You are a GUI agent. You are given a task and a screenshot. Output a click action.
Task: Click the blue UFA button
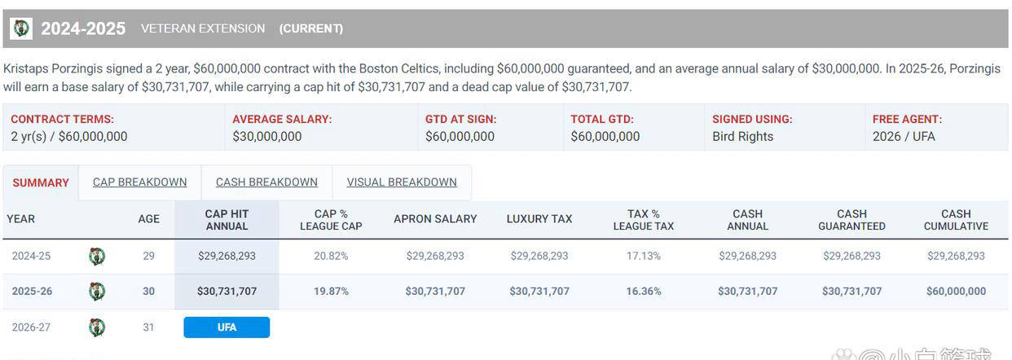pyautogui.click(x=227, y=327)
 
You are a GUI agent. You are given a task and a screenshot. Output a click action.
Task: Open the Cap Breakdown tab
pyautogui.click(x=139, y=182)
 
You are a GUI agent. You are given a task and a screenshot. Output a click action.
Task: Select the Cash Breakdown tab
pyautogui.click(x=266, y=182)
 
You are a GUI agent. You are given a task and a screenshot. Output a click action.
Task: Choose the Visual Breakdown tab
pyautogui.click(x=402, y=182)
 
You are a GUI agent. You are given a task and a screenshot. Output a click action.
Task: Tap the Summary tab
pyautogui.click(x=41, y=183)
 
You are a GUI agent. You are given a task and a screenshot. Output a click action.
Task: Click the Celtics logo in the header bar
pyautogui.click(x=21, y=29)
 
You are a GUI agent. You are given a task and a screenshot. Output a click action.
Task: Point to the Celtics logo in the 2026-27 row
pyautogui.click(x=97, y=327)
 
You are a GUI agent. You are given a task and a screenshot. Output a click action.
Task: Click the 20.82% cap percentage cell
pyautogui.click(x=331, y=256)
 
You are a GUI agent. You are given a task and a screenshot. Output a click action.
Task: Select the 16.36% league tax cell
pyautogui.click(x=644, y=291)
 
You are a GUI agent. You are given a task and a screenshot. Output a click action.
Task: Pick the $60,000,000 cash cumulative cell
pyautogui.click(x=956, y=291)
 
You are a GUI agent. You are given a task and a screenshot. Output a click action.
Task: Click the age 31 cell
pyautogui.click(x=148, y=327)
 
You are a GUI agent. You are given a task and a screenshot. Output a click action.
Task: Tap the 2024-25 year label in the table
pyautogui.click(x=31, y=256)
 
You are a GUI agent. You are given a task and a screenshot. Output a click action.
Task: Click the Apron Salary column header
pyautogui.click(x=435, y=219)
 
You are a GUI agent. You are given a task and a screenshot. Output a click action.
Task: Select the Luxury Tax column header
pyautogui.click(x=539, y=219)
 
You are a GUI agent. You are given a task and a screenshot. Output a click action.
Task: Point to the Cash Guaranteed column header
pyautogui.click(x=851, y=220)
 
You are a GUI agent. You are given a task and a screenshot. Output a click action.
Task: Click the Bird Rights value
pyautogui.click(x=742, y=137)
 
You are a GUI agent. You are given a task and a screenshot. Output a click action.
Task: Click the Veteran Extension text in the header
pyautogui.click(x=203, y=29)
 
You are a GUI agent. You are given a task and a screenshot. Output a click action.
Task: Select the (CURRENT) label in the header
pyautogui.click(x=311, y=29)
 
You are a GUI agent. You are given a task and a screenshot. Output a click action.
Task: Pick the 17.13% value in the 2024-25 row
pyautogui.click(x=644, y=256)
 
